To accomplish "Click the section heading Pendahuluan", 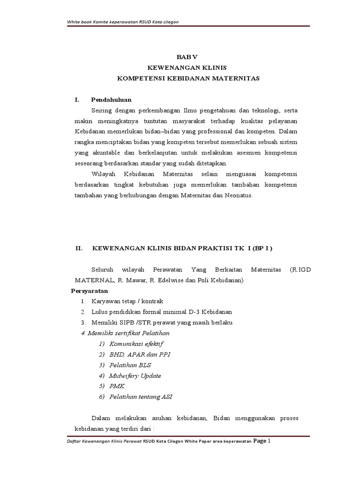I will [111, 100].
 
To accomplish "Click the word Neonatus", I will [239, 195].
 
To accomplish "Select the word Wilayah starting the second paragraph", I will [104, 174].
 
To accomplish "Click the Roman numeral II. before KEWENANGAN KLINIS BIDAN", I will [79, 248].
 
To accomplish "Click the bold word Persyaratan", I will [90, 291].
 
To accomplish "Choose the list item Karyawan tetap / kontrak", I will [127, 301].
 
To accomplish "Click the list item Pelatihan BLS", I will [130, 365].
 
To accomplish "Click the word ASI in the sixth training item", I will [167, 397].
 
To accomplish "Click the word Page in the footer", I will [260, 441].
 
